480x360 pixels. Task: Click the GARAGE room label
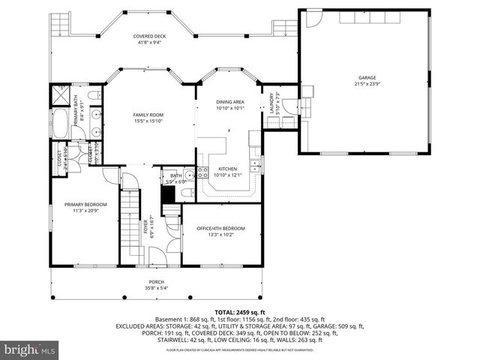coord(366,76)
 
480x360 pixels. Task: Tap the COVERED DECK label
coord(150,36)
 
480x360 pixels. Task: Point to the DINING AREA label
coord(230,101)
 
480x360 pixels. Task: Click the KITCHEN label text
coord(227,169)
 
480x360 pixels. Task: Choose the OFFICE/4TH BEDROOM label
coord(220,228)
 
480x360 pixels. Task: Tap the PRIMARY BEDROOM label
coord(85,205)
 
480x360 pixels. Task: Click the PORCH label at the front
coord(156,281)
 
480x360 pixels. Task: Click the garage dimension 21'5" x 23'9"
coord(366,82)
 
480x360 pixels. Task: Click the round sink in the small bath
coord(190,175)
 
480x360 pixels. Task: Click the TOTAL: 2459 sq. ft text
coord(240,312)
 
